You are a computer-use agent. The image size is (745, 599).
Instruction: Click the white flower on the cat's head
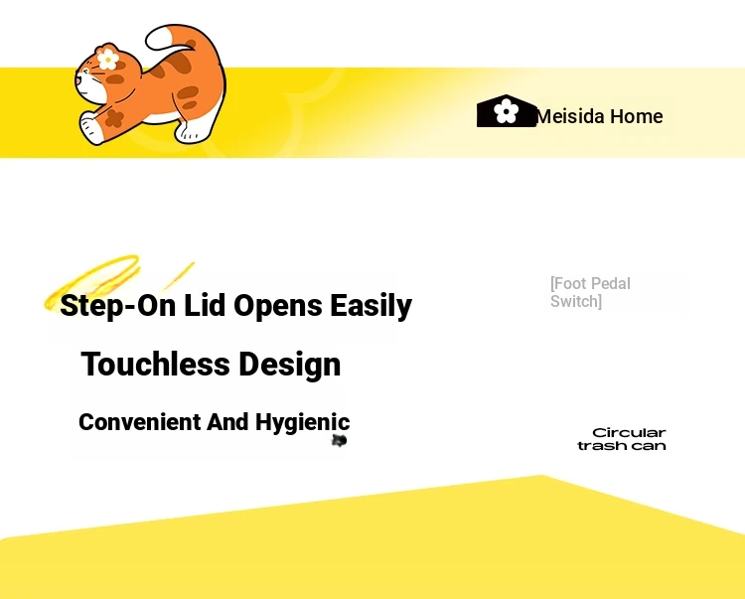click(x=108, y=59)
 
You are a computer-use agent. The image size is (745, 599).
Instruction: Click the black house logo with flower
click(x=507, y=110)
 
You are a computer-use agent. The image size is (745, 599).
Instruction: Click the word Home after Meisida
click(x=636, y=116)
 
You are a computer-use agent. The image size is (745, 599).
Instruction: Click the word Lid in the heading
click(x=205, y=305)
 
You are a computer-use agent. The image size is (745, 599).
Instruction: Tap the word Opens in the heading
click(x=278, y=306)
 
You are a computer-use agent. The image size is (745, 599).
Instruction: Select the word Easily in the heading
click(x=372, y=306)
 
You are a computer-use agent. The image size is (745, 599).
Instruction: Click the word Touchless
click(x=156, y=365)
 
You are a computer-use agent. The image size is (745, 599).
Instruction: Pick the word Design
click(x=289, y=366)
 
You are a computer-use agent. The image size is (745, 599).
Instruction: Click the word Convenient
click(x=140, y=422)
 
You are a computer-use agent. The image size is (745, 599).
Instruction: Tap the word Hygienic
click(x=303, y=423)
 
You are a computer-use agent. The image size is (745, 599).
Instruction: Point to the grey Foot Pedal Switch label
click(x=591, y=292)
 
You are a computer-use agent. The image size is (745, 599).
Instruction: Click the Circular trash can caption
click(x=622, y=439)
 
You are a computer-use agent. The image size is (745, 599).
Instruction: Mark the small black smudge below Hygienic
click(x=339, y=441)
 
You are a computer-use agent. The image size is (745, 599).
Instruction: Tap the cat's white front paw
click(x=91, y=128)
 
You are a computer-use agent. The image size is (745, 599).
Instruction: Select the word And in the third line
click(x=227, y=422)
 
